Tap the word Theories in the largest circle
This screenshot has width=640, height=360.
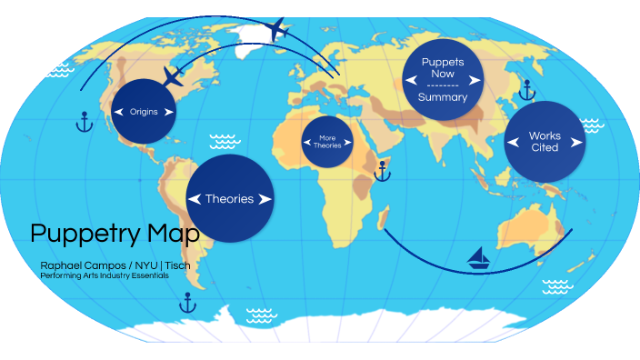229,199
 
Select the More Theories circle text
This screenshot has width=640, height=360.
327,142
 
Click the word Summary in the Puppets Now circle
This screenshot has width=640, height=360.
443,96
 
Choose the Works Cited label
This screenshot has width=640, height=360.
545,142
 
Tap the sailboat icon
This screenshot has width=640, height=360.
479,259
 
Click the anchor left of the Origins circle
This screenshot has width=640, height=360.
84,122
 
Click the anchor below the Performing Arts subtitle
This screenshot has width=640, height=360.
187,303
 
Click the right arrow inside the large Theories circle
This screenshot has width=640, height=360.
265,199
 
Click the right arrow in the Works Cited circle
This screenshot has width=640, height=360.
576,142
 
